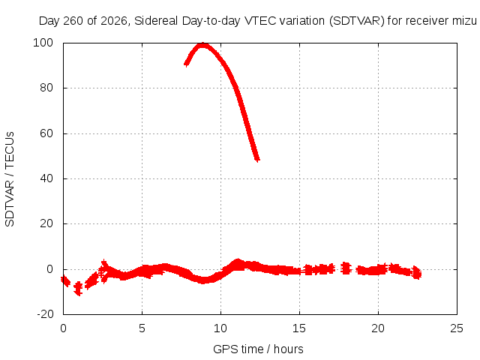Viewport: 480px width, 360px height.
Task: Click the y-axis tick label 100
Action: point(43,43)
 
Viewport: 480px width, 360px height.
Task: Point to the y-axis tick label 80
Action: point(46,88)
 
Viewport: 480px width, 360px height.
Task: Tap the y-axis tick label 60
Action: point(46,133)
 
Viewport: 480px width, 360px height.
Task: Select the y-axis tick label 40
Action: point(46,178)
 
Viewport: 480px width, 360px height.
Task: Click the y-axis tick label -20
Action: point(45,314)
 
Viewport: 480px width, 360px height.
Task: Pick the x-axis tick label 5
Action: point(142,328)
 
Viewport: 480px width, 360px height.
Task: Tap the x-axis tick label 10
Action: point(220,328)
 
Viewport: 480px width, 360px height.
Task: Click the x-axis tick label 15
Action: point(299,328)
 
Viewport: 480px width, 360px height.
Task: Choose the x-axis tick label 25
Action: point(457,328)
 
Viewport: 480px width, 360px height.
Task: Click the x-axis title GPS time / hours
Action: point(258,349)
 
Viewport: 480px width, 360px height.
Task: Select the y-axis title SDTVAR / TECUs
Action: point(10,179)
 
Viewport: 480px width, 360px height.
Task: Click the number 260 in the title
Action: point(73,21)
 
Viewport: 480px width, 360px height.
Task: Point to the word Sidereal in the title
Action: point(156,21)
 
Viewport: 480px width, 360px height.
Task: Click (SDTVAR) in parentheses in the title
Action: point(357,21)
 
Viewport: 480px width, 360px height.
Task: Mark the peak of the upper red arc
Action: point(202,45)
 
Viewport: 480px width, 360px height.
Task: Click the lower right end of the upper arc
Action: point(257,159)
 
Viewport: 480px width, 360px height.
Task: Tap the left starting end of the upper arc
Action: point(186,64)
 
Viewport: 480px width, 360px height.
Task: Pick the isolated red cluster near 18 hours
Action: point(346,268)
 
